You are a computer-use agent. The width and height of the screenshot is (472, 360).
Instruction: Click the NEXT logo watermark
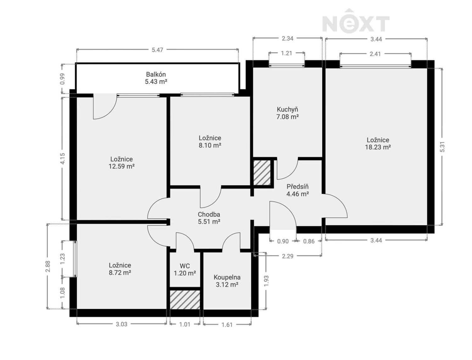coord(356,21)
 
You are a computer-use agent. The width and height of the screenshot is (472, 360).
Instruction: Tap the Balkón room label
coord(156,78)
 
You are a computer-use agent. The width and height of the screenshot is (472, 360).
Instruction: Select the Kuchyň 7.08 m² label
coord(288,113)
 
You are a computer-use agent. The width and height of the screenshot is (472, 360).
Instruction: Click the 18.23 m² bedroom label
coord(378,144)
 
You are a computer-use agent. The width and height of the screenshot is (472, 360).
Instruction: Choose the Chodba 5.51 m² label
coord(209,218)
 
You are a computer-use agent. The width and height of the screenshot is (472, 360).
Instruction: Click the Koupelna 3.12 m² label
coord(227,281)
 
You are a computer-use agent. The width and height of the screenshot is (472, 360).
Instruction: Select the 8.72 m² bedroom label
coord(120,269)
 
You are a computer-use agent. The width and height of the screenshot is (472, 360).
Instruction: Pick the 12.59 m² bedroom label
coord(121,163)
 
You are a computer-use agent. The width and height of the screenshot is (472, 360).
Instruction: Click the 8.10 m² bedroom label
coord(210,142)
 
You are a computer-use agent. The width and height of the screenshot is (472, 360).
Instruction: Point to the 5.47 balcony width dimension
coord(157,50)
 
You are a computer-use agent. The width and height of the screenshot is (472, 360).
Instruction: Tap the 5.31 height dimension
coord(442,147)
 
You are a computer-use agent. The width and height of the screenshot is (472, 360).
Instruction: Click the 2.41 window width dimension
coord(375,54)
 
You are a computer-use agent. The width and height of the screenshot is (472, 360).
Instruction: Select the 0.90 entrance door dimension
coord(283,241)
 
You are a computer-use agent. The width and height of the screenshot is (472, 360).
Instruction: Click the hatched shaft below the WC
coord(185,300)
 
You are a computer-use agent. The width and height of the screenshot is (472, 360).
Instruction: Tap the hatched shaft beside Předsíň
coord(262,172)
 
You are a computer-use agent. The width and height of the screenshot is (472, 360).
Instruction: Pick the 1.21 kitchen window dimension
coord(287,53)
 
